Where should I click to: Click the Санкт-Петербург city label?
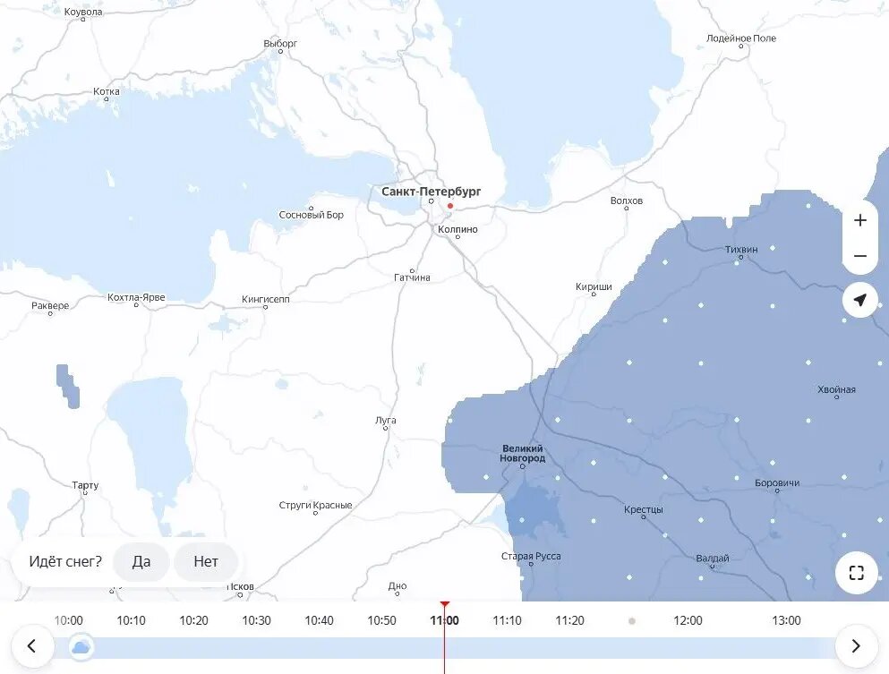click(x=431, y=192)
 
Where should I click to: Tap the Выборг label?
click(x=280, y=43)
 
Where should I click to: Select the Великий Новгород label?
click(x=523, y=453)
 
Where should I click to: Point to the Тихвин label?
click(x=741, y=248)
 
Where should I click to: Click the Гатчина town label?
click(x=412, y=277)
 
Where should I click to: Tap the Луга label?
click(x=386, y=420)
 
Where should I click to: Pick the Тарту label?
click(x=85, y=485)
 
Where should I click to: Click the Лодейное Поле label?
click(x=740, y=38)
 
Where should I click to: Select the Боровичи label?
click(x=777, y=483)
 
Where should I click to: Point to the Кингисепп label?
click(x=266, y=299)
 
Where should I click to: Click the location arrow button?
click(x=859, y=300)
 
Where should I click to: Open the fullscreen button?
click(x=856, y=573)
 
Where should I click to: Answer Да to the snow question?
click(x=141, y=562)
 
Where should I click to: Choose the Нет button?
click(x=206, y=562)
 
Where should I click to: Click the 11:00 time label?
click(x=444, y=620)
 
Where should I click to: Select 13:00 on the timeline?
click(x=786, y=620)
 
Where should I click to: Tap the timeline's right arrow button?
click(x=856, y=645)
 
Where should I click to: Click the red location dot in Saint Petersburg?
click(x=450, y=206)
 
